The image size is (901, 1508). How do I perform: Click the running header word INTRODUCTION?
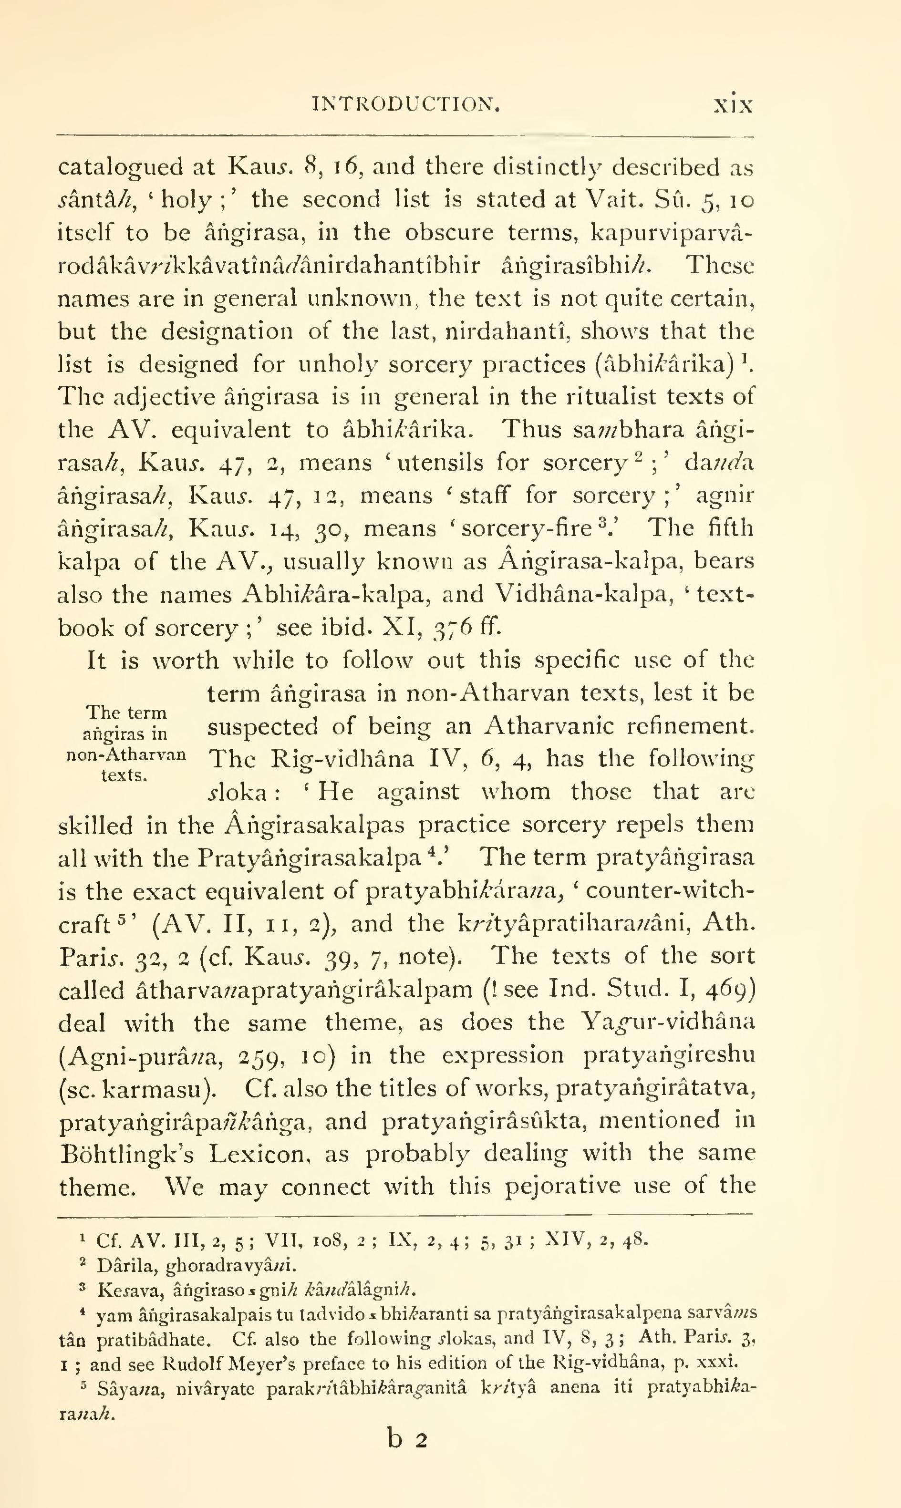405,105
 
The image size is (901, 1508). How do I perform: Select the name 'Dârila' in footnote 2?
118,1265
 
